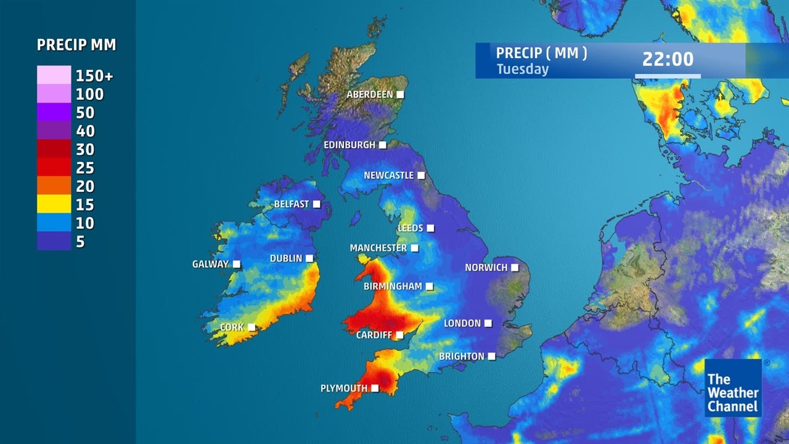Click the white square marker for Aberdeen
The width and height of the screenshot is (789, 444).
(x=400, y=94)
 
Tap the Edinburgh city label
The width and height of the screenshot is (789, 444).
(x=350, y=145)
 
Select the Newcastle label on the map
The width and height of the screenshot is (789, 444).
(x=388, y=175)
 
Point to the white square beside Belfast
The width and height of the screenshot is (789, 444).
(x=317, y=204)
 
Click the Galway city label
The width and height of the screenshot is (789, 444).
(x=210, y=264)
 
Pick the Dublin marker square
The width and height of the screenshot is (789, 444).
(x=309, y=258)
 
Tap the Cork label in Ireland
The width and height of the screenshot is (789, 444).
(x=232, y=327)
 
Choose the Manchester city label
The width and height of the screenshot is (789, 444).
(x=378, y=248)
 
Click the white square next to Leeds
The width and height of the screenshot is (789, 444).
(x=430, y=228)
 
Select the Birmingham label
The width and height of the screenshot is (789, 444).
(x=393, y=286)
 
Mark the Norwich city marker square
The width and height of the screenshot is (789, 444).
(x=515, y=268)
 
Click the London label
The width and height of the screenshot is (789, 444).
(x=462, y=323)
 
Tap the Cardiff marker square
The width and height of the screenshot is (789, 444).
(x=399, y=335)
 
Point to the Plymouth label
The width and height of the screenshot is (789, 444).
(x=343, y=388)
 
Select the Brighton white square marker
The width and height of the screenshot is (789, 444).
(x=491, y=356)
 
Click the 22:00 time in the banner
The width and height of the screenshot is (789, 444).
(x=668, y=59)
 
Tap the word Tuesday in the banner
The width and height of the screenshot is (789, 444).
(x=522, y=69)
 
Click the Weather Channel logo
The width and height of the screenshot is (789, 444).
(x=733, y=388)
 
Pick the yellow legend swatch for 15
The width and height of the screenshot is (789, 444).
(x=54, y=204)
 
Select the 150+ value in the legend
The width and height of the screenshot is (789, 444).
(x=94, y=76)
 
